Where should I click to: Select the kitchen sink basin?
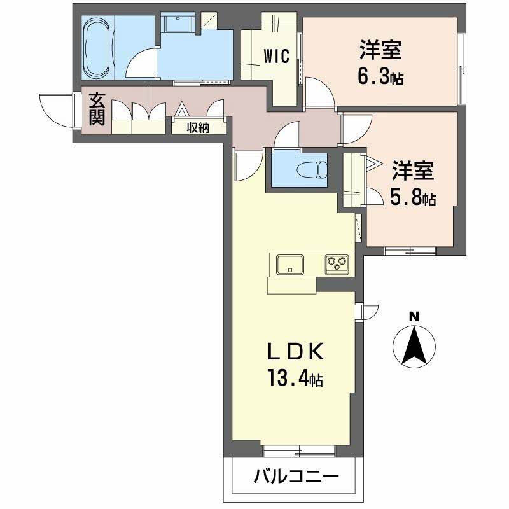click(289, 263)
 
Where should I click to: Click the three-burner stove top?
click(337, 263)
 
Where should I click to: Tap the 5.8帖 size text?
click(412, 199)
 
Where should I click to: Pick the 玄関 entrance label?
click(97, 109)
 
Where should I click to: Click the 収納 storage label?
click(198, 127)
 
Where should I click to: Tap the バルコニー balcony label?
click(295, 476)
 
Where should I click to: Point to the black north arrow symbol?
click(414, 347)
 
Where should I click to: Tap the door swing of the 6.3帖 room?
click(318, 92)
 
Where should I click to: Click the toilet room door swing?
click(288, 135)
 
